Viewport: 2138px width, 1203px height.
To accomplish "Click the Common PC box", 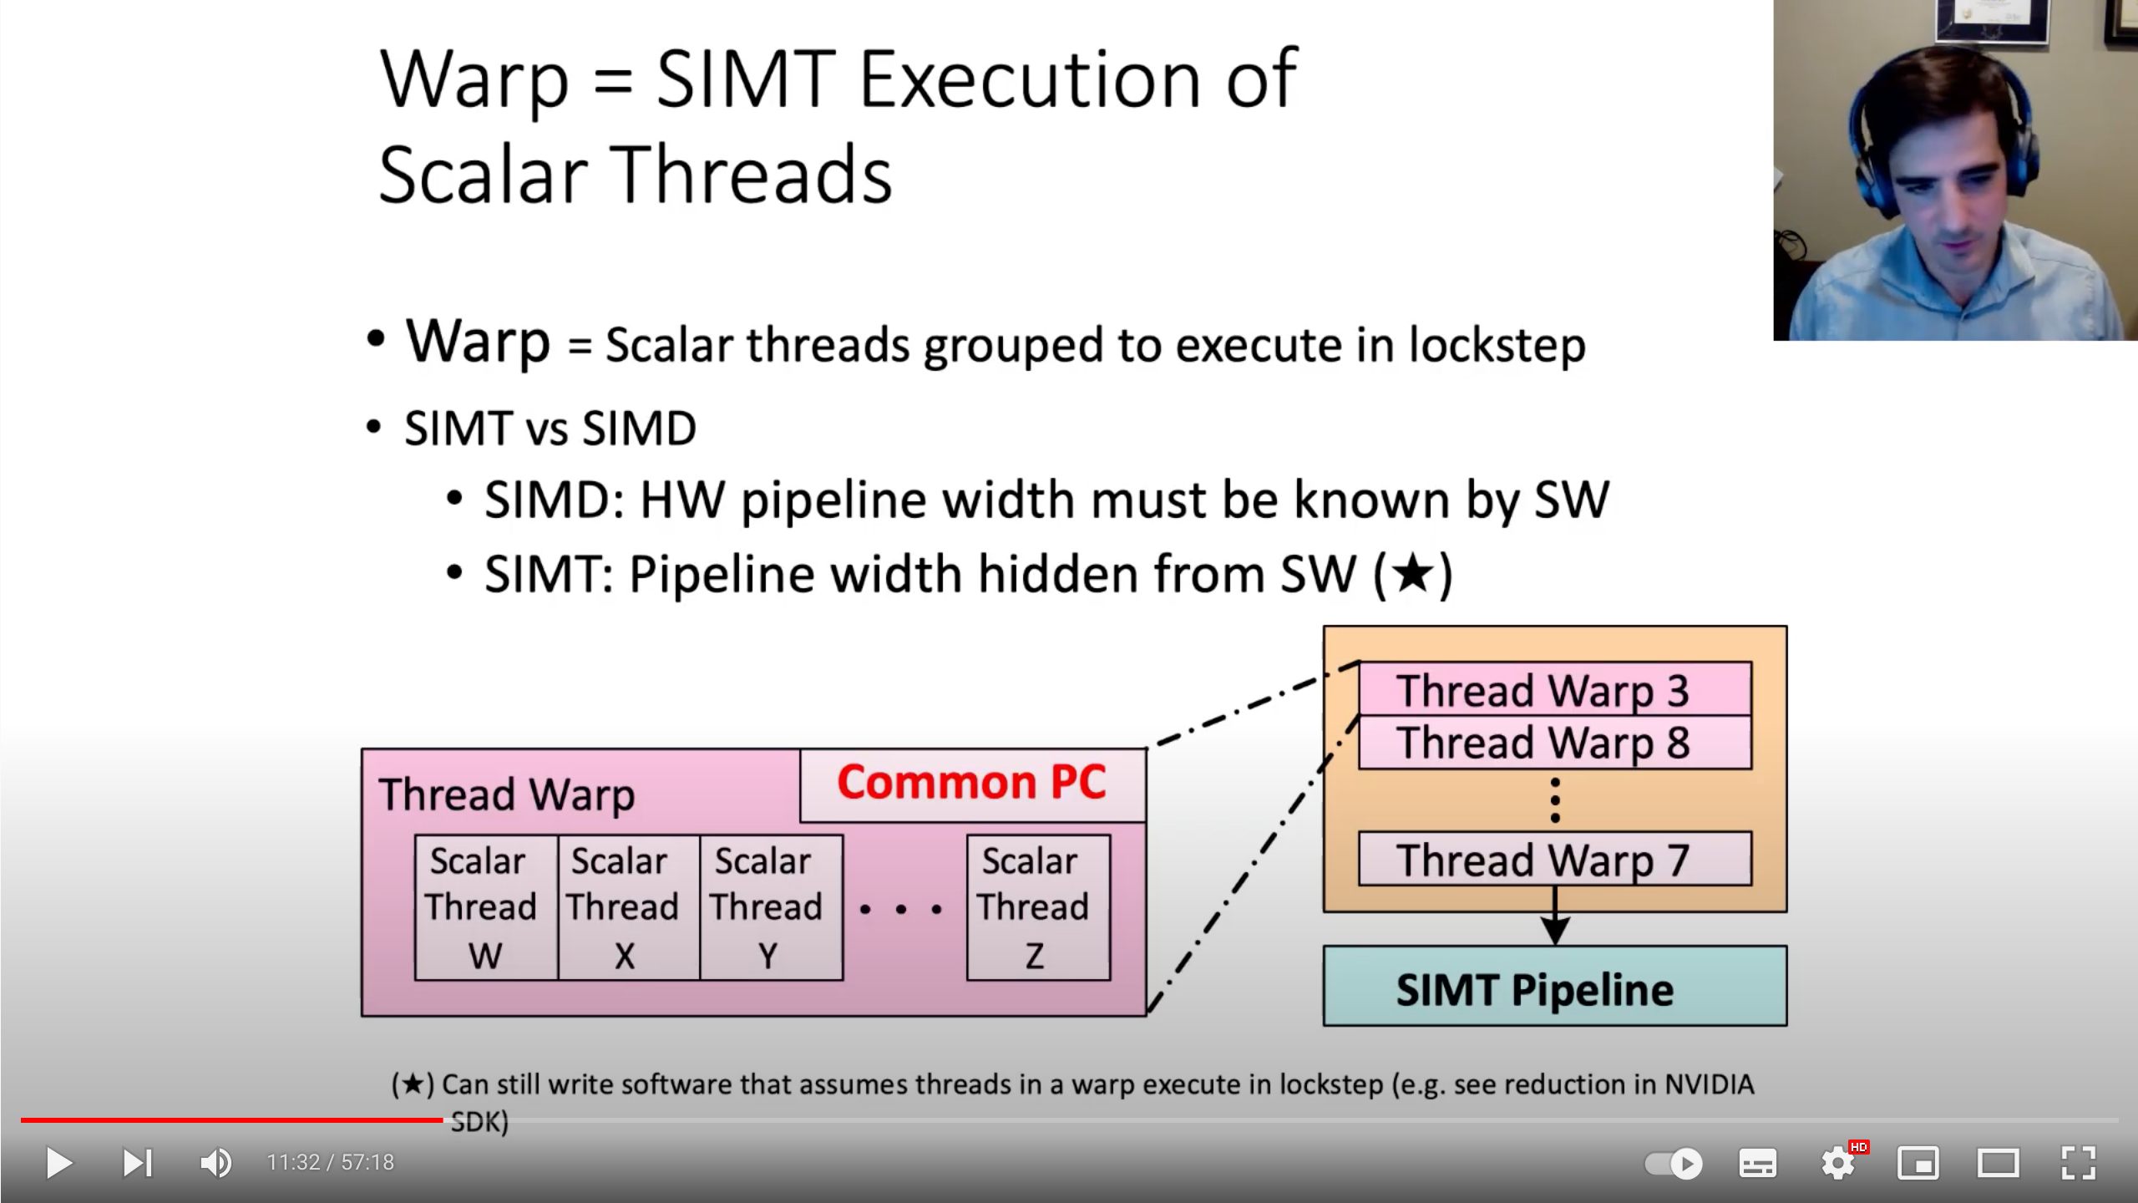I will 972,784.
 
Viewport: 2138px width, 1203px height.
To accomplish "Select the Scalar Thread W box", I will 485,907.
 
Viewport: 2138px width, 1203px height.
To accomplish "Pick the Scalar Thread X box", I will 627,907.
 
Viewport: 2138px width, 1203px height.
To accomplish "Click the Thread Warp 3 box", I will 1554,689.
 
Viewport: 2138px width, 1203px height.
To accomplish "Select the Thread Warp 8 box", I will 1554,743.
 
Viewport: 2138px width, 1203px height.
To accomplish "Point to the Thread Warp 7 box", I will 1554,859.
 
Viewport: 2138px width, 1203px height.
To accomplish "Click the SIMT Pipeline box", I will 1554,987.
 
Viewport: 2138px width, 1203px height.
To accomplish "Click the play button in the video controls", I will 58,1163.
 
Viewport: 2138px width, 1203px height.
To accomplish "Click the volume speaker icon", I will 215,1163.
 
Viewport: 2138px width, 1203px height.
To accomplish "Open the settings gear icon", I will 1838,1163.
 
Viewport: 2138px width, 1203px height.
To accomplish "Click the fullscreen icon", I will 2078,1163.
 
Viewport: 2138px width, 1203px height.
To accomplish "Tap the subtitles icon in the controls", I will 1757,1163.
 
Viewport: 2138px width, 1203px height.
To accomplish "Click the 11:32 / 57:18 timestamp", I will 330,1163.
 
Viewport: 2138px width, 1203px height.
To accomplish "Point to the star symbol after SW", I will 1413,574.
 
